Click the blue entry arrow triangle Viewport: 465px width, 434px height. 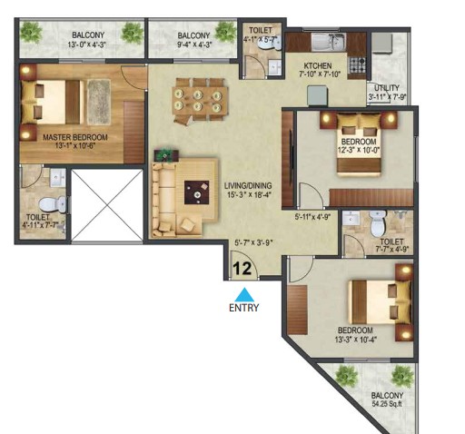[244, 294]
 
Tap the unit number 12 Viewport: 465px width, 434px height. [242, 269]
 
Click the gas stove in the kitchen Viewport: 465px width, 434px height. [358, 64]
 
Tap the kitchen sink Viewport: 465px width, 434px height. [329, 43]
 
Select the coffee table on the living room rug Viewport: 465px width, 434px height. [197, 192]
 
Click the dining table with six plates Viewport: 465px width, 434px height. [197, 101]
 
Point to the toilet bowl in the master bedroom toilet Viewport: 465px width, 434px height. [53, 204]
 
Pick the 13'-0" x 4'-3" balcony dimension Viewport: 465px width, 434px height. [86, 44]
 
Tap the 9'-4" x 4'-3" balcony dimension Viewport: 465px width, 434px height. [194, 44]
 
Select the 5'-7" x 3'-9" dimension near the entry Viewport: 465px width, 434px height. [253, 242]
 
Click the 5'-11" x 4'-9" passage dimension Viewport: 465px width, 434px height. [312, 217]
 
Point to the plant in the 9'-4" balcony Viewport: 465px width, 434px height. [225, 32]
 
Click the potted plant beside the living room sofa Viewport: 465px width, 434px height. [166, 155]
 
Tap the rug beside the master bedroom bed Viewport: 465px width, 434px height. [99, 102]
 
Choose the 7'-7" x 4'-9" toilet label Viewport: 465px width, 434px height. [392, 245]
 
